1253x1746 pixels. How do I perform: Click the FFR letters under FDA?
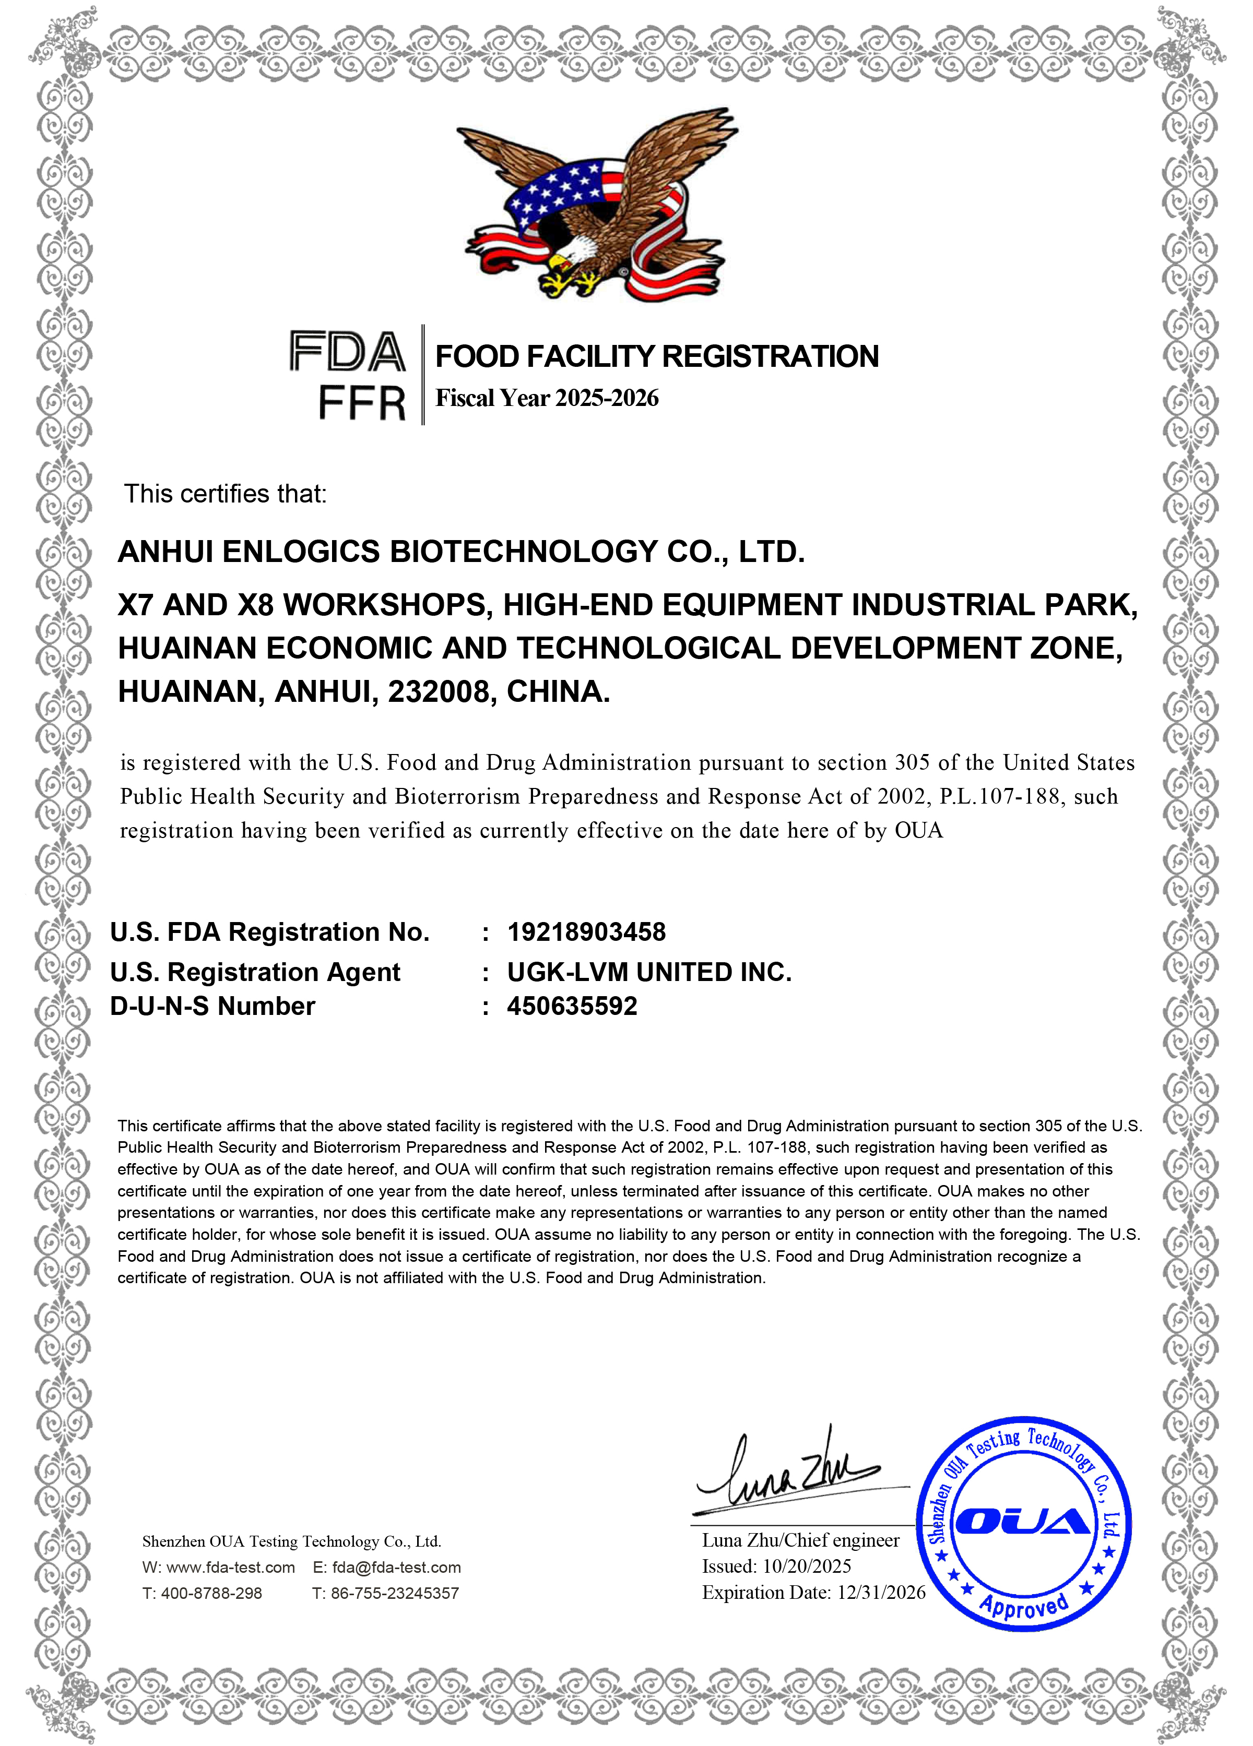[x=361, y=403]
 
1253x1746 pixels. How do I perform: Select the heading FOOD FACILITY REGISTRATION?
[x=656, y=356]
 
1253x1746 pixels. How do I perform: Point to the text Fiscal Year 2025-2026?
[x=547, y=398]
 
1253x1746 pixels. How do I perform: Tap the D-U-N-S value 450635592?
[x=572, y=1006]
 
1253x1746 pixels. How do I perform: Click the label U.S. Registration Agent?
[x=255, y=972]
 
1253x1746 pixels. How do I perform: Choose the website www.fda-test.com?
[x=230, y=1568]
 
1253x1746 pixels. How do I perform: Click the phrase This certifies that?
[x=226, y=494]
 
